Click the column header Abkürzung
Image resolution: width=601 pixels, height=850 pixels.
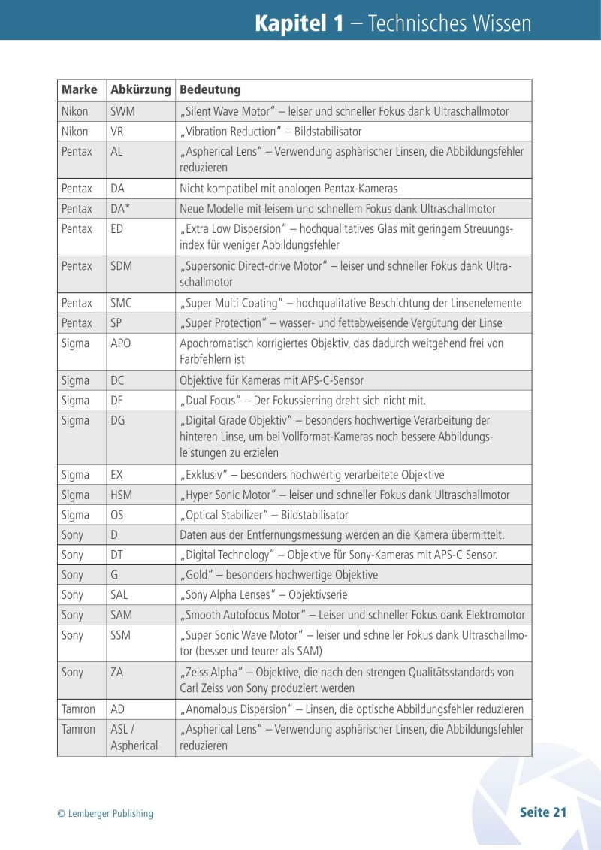140,90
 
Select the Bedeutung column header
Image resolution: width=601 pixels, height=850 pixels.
210,90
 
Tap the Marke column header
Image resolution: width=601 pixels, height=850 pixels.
80,90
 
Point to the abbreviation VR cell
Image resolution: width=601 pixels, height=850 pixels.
116,132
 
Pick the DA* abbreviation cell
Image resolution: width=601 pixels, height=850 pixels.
121,209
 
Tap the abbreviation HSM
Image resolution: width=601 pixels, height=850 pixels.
122,495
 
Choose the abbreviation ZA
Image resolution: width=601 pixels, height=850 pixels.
117,673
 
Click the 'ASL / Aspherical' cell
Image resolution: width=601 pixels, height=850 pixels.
134,737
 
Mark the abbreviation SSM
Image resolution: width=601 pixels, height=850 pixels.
121,635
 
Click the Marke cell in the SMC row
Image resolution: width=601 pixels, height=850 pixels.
77,304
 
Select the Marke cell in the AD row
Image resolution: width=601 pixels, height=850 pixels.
78,709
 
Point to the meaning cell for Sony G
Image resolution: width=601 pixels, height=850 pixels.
279,576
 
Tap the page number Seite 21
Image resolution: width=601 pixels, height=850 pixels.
542,812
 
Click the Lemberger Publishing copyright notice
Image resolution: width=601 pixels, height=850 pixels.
105,813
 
